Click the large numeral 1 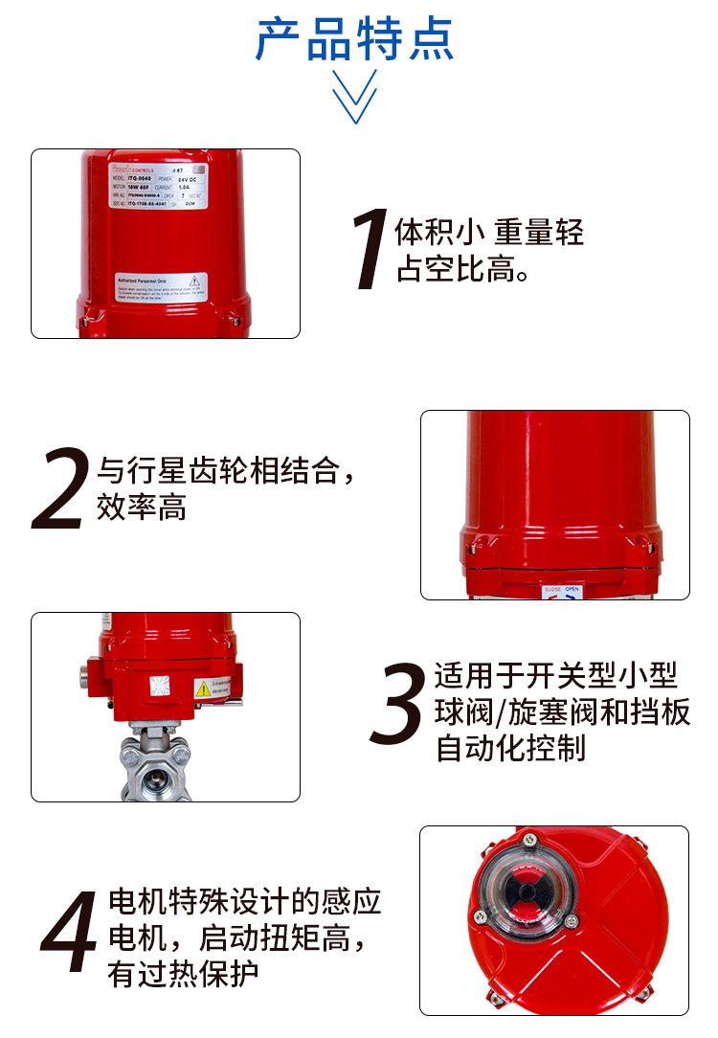(370, 251)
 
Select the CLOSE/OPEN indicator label (562, 591)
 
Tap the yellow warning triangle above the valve (203, 688)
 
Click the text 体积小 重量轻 (489, 232)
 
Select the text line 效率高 (141, 507)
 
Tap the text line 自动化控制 (509, 748)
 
